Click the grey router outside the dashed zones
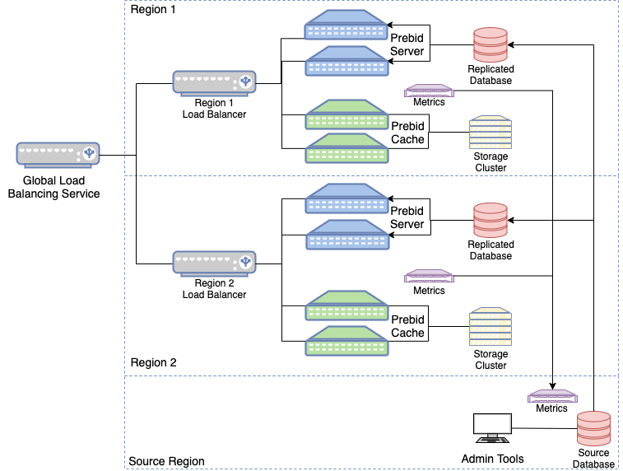[58, 154]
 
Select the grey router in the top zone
[214, 82]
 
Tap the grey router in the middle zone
[214, 263]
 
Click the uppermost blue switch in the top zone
[346, 26]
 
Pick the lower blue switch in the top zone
[346, 62]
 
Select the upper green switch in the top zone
[346, 115]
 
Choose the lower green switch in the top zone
[346, 149]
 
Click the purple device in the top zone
[428, 91]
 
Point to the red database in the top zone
[490, 45]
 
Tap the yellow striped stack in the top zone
[490, 133]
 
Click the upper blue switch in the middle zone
[346, 199]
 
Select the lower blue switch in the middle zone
[346, 235]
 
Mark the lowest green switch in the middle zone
[346, 342]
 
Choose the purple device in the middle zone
[428, 277]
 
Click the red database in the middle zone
[490, 221]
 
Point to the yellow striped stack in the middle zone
[490, 327]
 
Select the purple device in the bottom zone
[552, 396]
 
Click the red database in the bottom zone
[593, 429]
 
